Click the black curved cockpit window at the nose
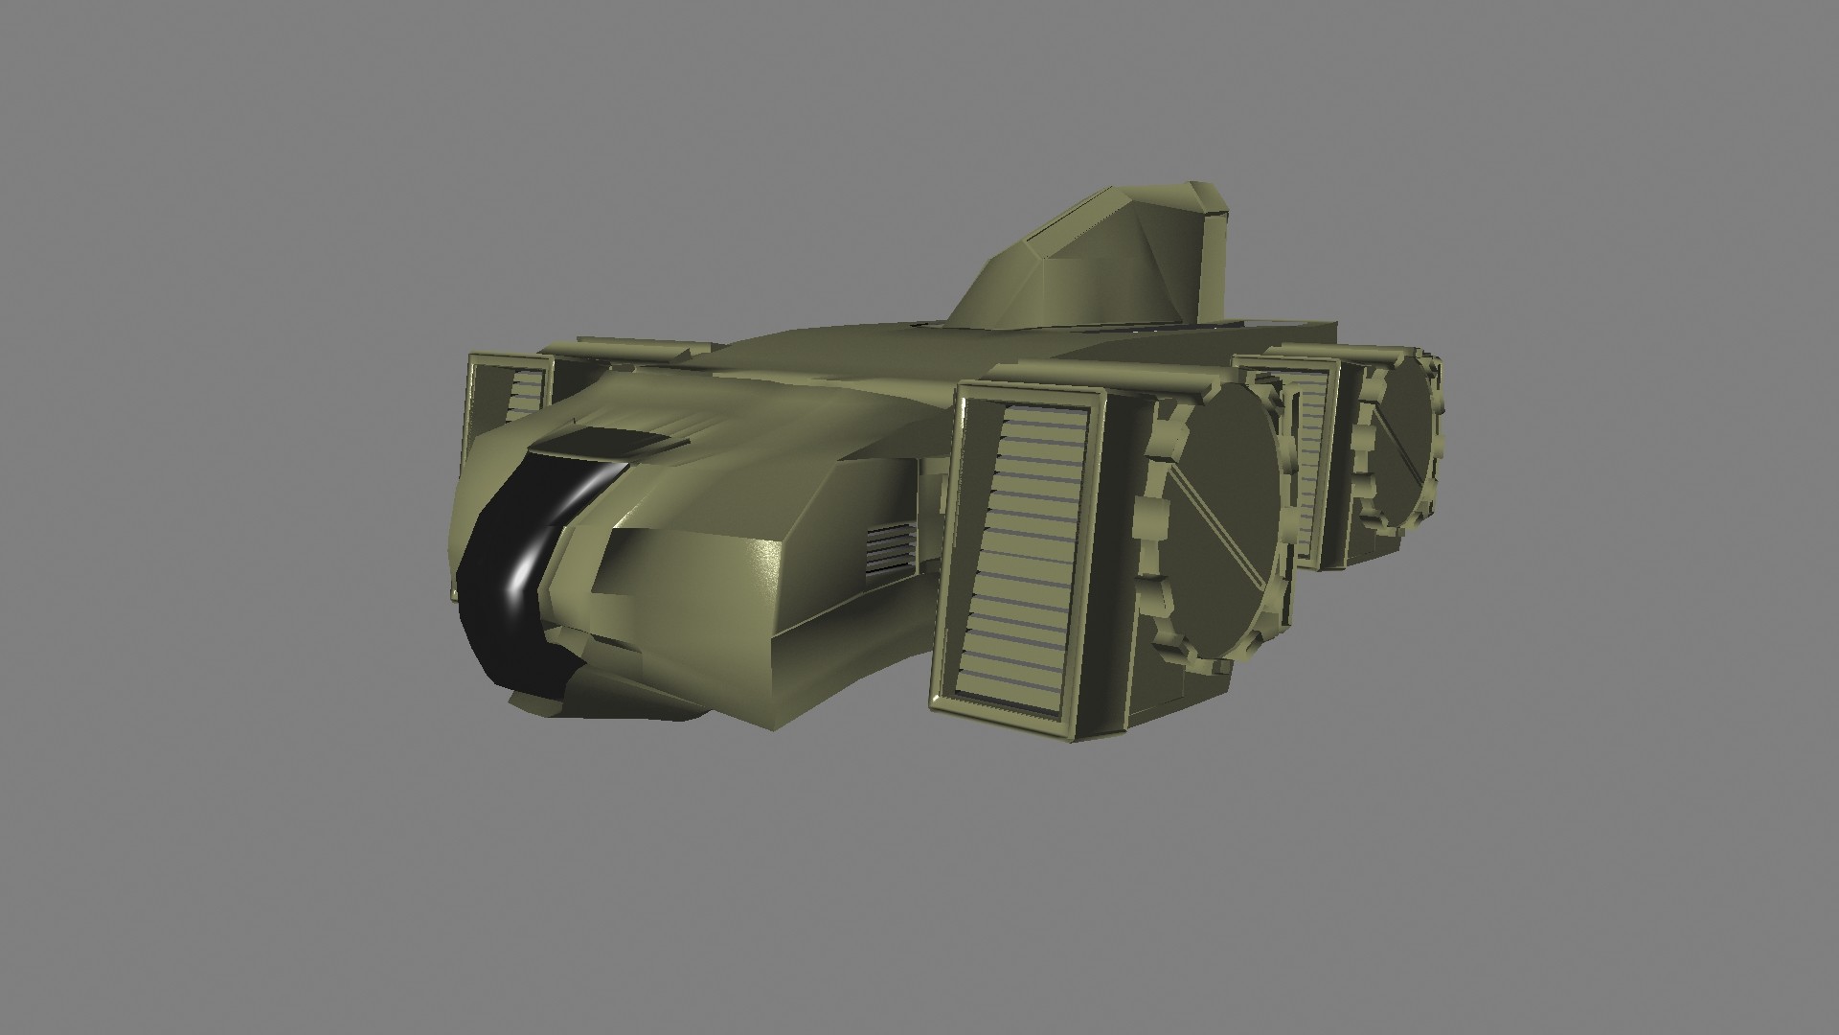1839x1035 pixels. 498,594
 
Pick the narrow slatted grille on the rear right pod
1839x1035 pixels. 1308,460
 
